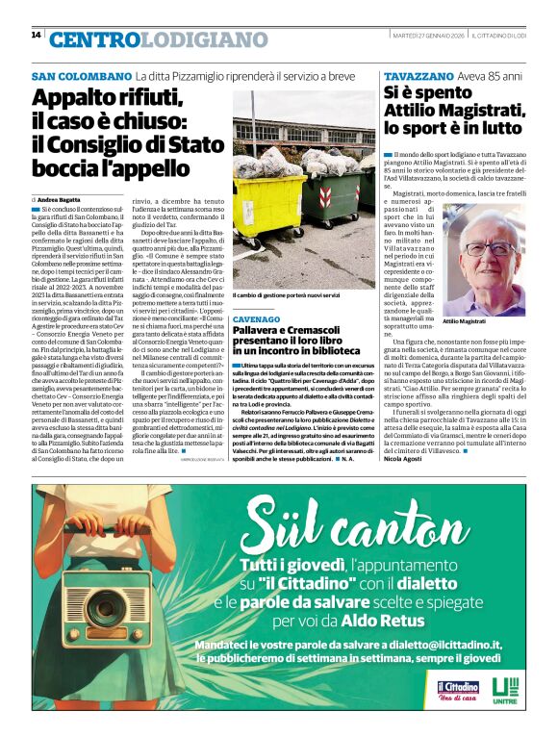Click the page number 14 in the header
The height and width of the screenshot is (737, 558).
click(37, 35)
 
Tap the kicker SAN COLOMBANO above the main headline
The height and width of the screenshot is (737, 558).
click(81, 76)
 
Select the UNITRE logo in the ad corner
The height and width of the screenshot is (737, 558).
click(504, 690)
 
